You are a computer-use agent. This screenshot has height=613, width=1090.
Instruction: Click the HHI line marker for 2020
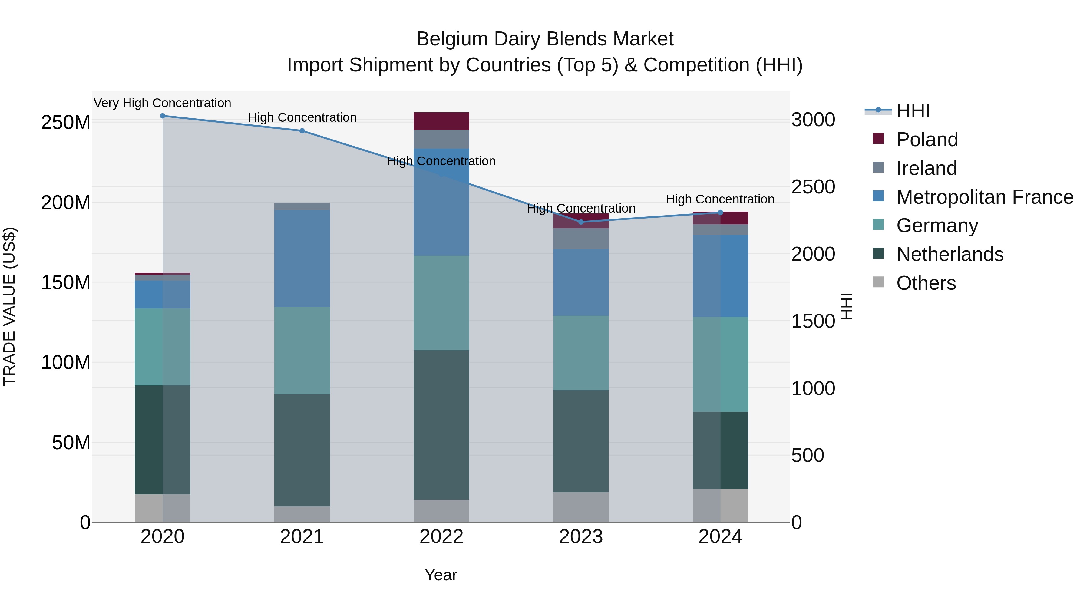click(x=163, y=116)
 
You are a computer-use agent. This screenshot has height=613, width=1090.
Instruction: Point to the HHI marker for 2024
click(x=721, y=213)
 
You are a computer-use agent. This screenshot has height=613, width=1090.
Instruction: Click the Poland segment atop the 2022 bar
click(x=441, y=121)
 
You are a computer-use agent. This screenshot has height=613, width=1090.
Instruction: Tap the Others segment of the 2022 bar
click(x=441, y=511)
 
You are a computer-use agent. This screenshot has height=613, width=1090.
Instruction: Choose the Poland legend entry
click(x=927, y=140)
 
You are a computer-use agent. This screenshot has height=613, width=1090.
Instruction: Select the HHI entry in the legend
click(x=913, y=111)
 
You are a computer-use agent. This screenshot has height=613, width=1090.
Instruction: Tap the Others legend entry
click(x=926, y=283)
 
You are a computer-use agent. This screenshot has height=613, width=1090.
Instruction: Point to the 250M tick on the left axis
click(x=66, y=123)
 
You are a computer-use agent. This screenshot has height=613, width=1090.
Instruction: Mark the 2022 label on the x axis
click(x=441, y=537)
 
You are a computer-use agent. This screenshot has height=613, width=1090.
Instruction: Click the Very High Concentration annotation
click(x=163, y=103)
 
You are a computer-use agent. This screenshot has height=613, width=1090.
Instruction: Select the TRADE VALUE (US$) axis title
click(x=10, y=306)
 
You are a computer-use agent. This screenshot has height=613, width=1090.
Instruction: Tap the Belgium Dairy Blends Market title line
click(x=545, y=39)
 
